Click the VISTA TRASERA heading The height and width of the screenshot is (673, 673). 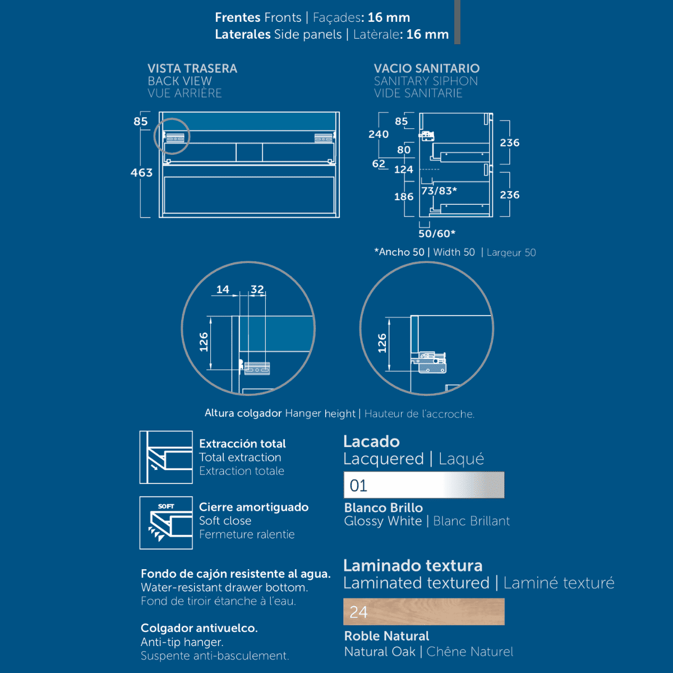click(x=192, y=68)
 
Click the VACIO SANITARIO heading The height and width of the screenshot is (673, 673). click(x=427, y=68)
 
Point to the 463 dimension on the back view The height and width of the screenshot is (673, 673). click(x=141, y=173)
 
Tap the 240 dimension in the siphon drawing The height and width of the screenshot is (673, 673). click(x=379, y=135)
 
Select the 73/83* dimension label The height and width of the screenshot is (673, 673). click(x=439, y=191)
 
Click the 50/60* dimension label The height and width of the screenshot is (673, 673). click(x=437, y=233)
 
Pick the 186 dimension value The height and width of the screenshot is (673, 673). click(x=404, y=197)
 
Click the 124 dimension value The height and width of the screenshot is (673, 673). click(x=404, y=169)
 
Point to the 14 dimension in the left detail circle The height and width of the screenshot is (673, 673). click(x=223, y=289)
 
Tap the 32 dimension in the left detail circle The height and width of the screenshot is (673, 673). click(x=257, y=289)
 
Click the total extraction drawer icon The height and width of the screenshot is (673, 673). click(x=166, y=457)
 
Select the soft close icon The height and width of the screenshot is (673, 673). click(x=166, y=523)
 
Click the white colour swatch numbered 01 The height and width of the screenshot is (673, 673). click(x=424, y=485)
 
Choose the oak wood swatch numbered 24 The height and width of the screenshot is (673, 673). click(x=424, y=612)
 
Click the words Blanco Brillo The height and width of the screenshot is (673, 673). click(x=384, y=508)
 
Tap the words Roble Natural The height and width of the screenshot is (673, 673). click(x=386, y=636)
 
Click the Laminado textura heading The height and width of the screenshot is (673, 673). click(x=413, y=565)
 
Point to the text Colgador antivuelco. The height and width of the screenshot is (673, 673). click(x=199, y=628)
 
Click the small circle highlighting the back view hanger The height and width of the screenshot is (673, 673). click(x=172, y=136)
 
